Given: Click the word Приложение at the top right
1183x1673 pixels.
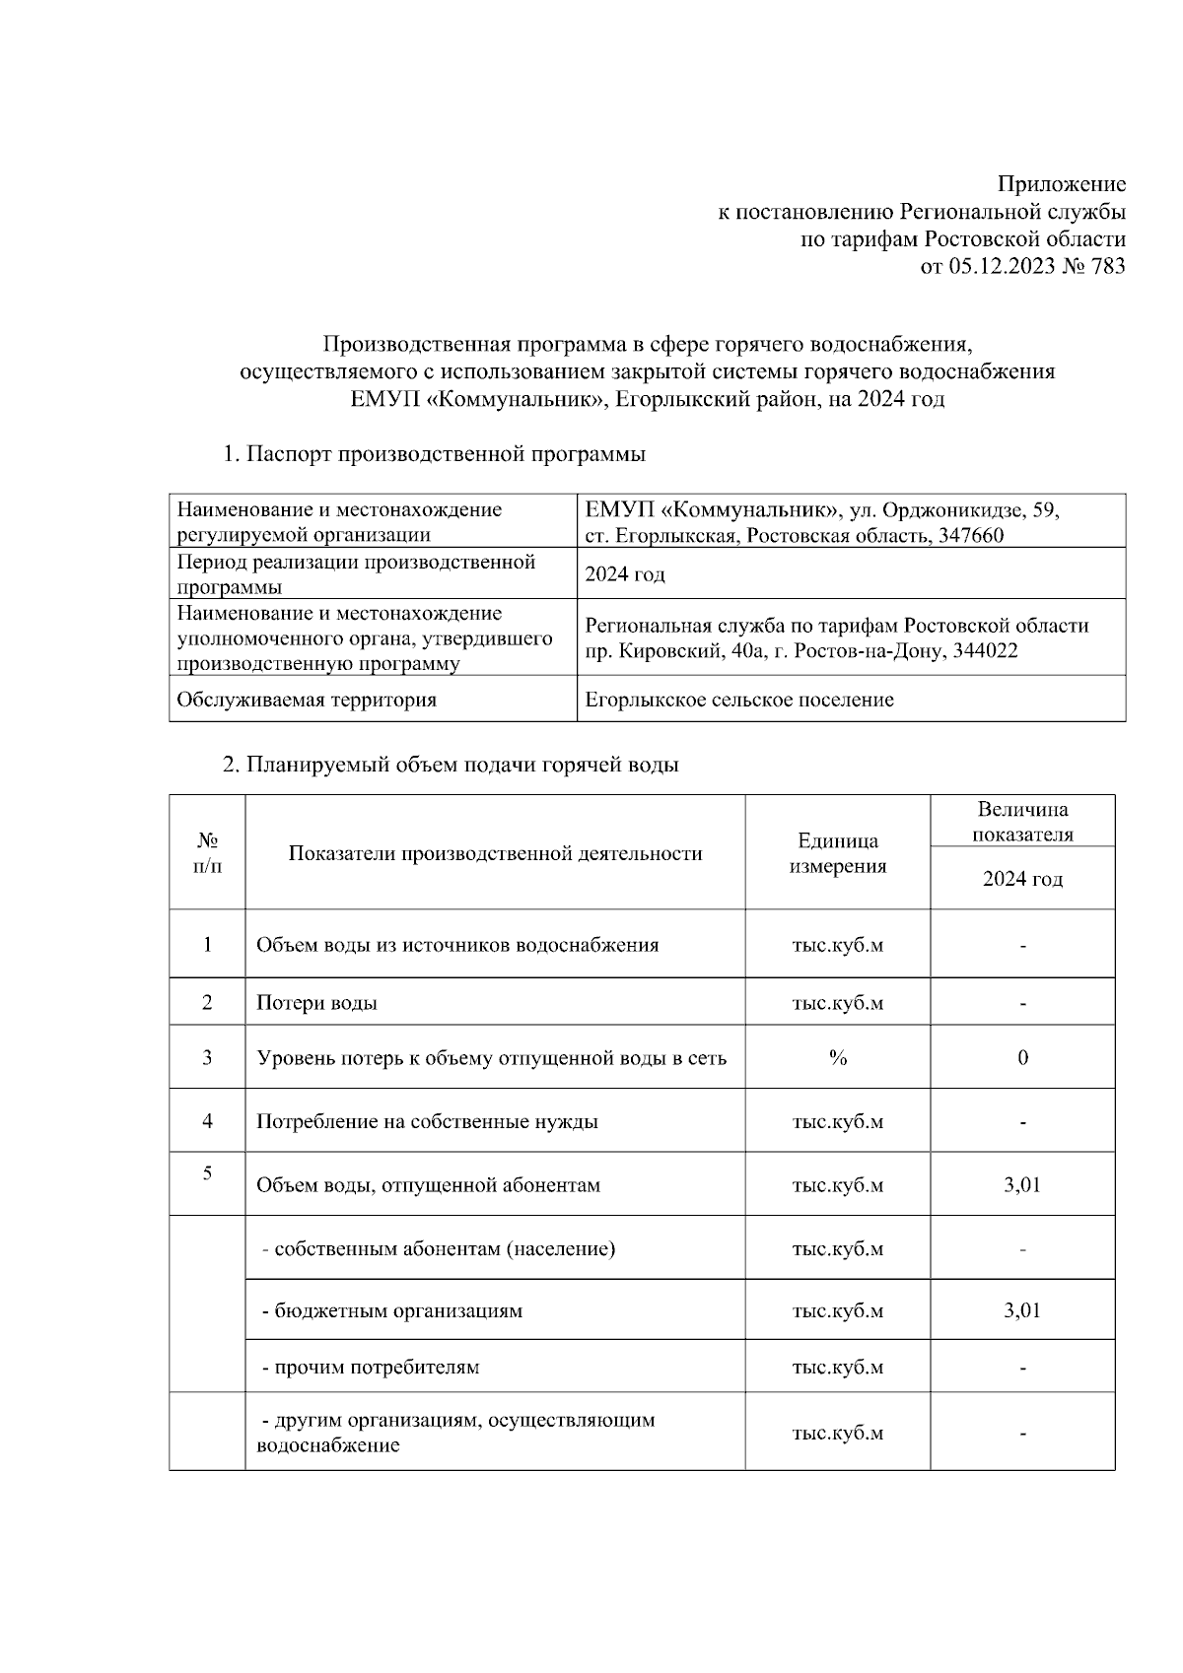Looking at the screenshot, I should point(1061,184).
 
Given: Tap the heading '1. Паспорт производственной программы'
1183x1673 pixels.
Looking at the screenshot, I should point(434,454).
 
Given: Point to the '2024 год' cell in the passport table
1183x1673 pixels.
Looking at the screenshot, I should point(625,573).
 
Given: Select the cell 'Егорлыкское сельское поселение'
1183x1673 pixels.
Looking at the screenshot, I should point(739,700).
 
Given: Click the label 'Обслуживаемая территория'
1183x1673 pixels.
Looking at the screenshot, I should point(307,700).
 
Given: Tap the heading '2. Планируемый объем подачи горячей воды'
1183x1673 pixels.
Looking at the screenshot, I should point(451,765).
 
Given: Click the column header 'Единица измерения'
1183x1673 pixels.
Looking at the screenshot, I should point(838,853).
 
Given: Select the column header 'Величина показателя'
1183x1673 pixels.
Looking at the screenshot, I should point(1022,822).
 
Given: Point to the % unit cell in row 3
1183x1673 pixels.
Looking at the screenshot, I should point(838,1058).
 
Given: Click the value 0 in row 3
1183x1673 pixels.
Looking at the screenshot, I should point(1022,1058).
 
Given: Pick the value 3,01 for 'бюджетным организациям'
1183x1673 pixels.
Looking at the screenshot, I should point(1022,1310).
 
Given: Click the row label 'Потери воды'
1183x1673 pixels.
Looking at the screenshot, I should point(316,1003).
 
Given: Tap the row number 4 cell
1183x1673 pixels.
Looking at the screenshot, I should point(207,1121).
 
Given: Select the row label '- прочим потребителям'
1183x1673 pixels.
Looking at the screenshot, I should point(370,1368).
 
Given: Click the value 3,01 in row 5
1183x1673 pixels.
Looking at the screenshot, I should point(1022,1185).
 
